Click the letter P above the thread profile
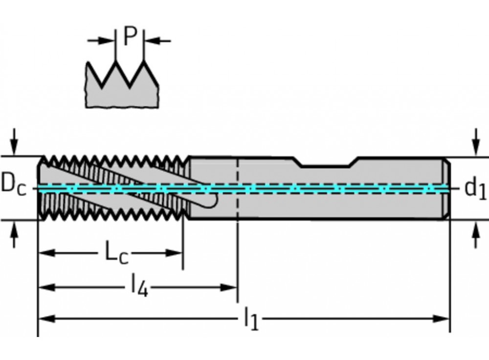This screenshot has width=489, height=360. [129, 36]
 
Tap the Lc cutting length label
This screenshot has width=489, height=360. [116, 253]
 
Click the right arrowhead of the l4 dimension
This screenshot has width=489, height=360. [229, 287]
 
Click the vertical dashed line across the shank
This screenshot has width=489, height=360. [237, 196]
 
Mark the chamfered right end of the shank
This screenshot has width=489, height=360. [447, 188]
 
